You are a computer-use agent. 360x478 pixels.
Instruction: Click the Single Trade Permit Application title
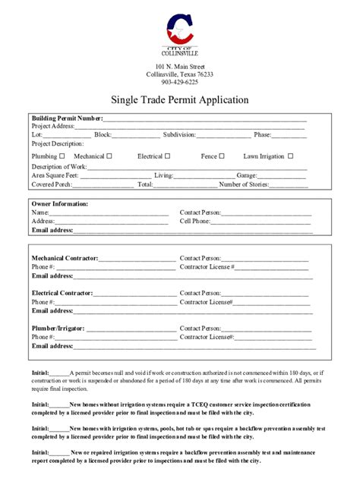coord(180,99)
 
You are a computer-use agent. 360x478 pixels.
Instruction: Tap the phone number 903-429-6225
coord(180,83)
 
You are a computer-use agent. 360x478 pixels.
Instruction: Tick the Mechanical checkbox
coord(109,156)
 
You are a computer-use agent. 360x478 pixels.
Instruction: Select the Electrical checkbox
coord(167,156)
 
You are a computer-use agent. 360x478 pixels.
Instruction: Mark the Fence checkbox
coord(222,156)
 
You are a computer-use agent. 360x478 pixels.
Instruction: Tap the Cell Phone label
coord(195,222)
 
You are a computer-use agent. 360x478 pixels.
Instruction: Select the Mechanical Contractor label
coord(65,259)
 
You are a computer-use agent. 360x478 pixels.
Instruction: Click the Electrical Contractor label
coord(62,293)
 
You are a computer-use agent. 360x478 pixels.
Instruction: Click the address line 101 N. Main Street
coord(180,67)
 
